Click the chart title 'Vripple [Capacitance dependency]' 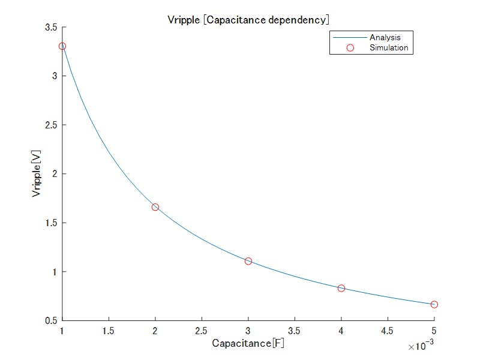pyautogui.click(x=248, y=20)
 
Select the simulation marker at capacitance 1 pyautogui.click(x=62, y=46)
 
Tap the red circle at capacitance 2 pyautogui.click(x=155, y=207)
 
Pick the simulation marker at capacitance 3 pyautogui.click(x=248, y=261)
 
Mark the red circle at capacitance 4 pyautogui.click(x=341, y=288)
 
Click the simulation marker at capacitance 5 pyautogui.click(x=434, y=304)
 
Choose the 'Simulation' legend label pyautogui.click(x=389, y=48)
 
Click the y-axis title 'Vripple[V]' pyautogui.click(x=37, y=174)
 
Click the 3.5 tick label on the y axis pyautogui.click(x=50, y=28)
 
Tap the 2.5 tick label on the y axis pyautogui.click(x=50, y=125)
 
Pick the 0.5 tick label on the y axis pyautogui.click(x=50, y=321)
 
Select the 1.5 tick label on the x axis pyautogui.click(x=109, y=331)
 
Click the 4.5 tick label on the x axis pyautogui.click(x=388, y=331)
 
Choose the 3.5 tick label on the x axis pyautogui.click(x=295, y=331)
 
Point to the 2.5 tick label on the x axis pyautogui.click(x=202, y=331)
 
